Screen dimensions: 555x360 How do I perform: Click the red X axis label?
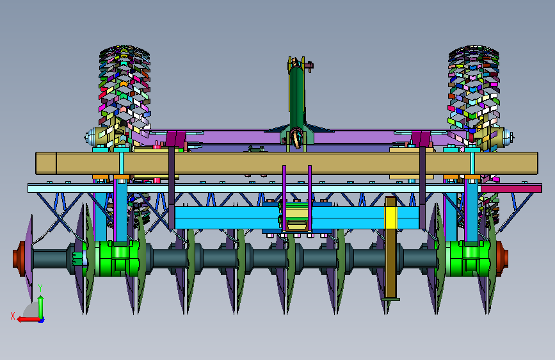(13, 316)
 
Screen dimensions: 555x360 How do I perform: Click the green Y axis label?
(40, 288)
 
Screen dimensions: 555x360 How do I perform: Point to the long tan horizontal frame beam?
(287, 163)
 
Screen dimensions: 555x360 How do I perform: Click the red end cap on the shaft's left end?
(19, 259)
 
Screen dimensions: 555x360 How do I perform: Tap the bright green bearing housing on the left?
(113, 259)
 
